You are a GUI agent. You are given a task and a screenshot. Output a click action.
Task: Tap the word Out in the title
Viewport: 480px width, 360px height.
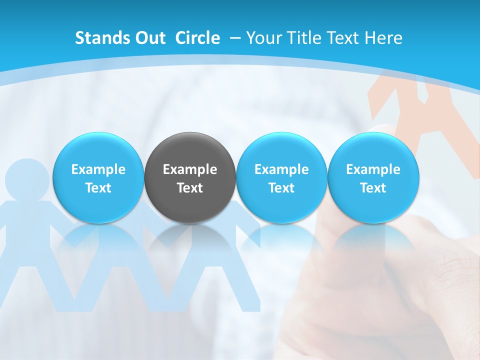point(149,38)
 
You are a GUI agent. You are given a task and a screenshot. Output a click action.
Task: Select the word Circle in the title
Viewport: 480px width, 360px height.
point(197,38)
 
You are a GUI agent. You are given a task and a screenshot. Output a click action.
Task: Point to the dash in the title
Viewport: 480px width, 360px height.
point(235,38)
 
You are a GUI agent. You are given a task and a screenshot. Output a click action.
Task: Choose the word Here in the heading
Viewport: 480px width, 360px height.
point(383,38)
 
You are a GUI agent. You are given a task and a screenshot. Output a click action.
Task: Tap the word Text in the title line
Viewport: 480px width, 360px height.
point(345,38)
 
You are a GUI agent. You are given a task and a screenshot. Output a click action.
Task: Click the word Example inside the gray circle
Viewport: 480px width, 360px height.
point(190,169)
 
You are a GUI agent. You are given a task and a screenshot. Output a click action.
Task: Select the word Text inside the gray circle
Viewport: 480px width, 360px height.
point(190,188)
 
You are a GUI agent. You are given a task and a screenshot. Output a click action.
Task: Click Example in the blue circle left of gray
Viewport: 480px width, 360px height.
point(98,169)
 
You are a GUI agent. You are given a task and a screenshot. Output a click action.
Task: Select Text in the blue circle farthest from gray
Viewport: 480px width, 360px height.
point(373,188)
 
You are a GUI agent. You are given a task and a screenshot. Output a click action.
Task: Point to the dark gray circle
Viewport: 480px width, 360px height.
point(190,150)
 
